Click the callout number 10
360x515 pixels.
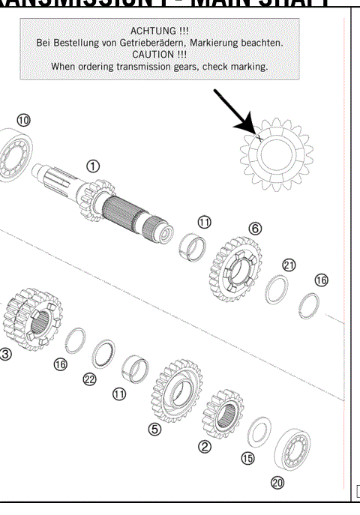tap(24, 120)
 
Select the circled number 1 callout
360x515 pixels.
tap(93, 165)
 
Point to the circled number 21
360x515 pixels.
tap(289, 265)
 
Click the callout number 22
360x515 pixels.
tap(90, 379)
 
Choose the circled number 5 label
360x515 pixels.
tap(155, 430)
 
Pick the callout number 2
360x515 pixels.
tap(204, 447)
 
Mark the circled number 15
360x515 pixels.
tap(248, 459)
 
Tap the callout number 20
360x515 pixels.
tap(277, 483)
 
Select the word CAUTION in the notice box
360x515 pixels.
tap(154, 55)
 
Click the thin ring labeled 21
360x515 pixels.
tap(277, 289)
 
